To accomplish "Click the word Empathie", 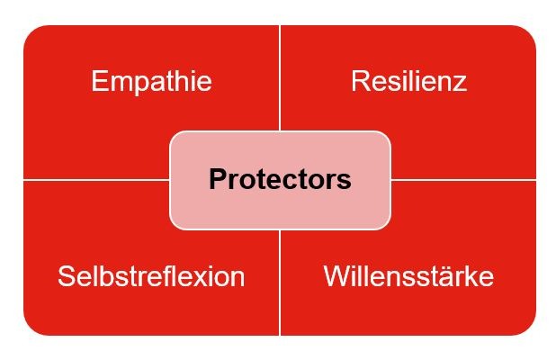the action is coord(151,83).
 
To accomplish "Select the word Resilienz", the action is coord(408,81).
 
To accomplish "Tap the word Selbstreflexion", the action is coord(151,276).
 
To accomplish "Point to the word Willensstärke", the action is coord(408,276).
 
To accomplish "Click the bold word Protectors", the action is coord(280,179).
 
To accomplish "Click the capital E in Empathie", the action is coord(99,81).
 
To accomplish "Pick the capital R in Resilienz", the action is coord(361,81).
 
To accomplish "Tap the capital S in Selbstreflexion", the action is coord(67,276).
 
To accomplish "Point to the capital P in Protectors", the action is coord(218,179).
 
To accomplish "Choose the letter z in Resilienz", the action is coord(460,84).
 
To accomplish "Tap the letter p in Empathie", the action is coord(140,85).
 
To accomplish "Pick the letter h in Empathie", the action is coord(185,81).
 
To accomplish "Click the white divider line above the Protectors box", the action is coord(280,78).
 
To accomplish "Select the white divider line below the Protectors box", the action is coord(280,283).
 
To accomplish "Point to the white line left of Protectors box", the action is coord(96,180).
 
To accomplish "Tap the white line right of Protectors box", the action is coord(463,180).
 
